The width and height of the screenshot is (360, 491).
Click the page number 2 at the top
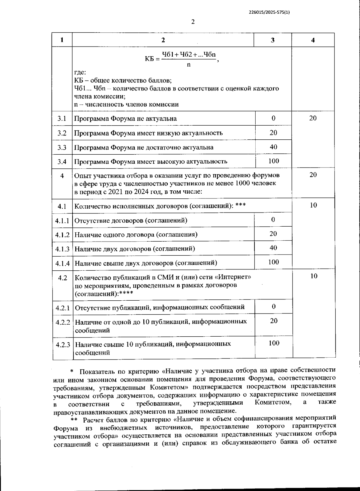click(x=193, y=22)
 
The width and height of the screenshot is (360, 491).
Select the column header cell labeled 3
click(x=272, y=40)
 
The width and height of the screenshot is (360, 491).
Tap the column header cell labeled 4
click(x=313, y=40)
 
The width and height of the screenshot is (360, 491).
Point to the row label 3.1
click(x=62, y=118)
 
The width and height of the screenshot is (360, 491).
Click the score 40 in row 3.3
click(x=273, y=147)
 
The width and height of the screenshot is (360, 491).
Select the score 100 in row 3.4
click(x=273, y=161)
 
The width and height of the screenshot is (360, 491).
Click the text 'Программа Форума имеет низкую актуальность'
click(x=148, y=133)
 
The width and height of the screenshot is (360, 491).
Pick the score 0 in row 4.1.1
click(x=273, y=220)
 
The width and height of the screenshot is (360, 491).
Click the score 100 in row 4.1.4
click(x=273, y=262)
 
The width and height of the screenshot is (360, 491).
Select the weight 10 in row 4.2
click(x=314, y=276)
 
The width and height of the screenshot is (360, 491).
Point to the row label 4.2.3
click(x=63, y=345)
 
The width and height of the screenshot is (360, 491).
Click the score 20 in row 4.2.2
click(x=274, y=321)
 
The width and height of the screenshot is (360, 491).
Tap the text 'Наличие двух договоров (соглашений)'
click(x=135, y=249)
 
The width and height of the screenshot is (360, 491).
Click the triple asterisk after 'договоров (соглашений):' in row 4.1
click(x=241, y=206)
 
